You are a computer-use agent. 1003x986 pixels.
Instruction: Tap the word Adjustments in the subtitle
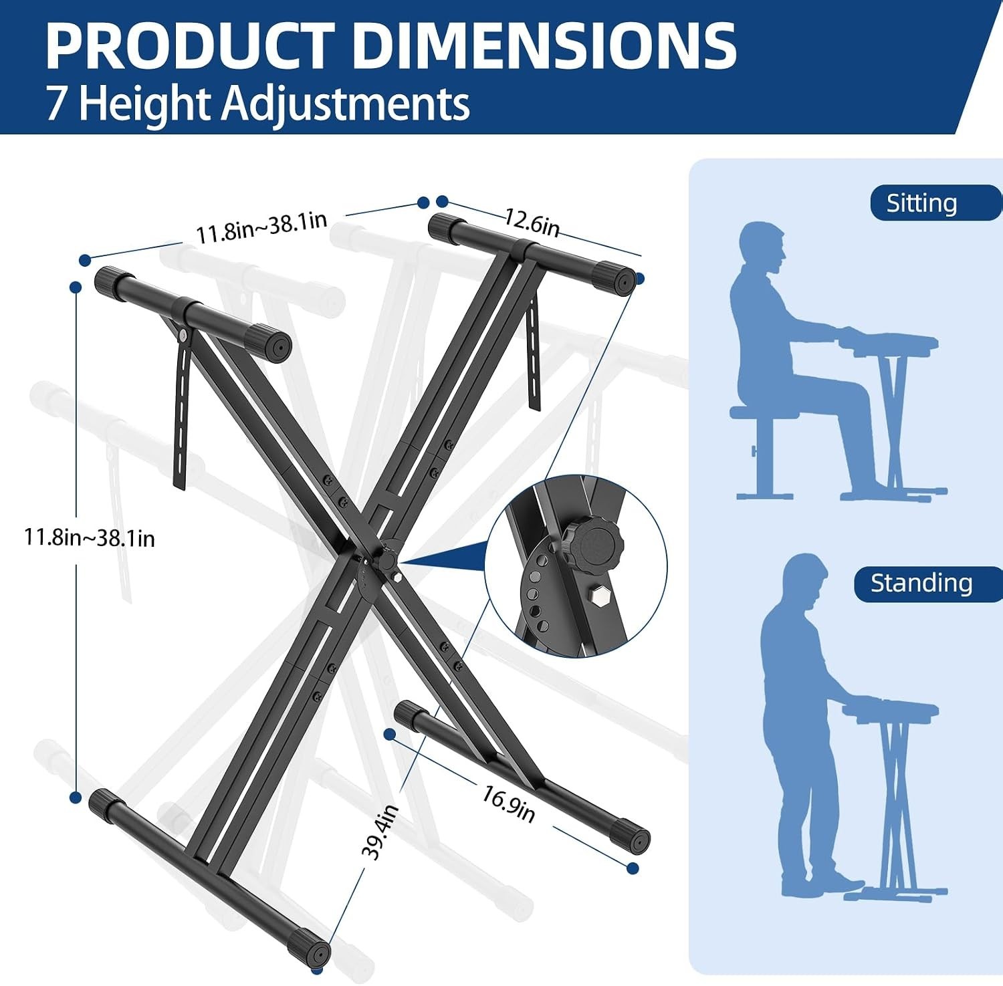click(x=346, y=104)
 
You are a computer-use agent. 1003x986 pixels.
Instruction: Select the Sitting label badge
click(x=935, y=203)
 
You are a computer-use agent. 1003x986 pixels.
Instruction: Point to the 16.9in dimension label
click(x=508, y=803)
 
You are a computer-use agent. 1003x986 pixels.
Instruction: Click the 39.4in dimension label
click(x=380, y=832)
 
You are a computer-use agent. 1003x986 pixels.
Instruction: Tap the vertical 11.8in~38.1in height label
click(x=90, y=537)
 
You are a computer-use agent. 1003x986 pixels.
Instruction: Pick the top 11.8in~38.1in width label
click(x=261, y=227)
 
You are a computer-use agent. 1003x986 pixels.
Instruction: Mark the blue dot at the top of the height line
click(x=76, y=287)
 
